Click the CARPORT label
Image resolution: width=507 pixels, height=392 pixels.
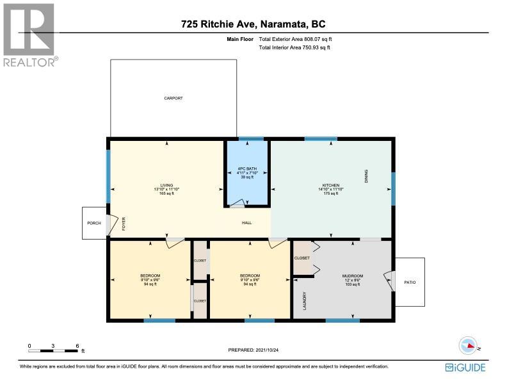pyautogui.click(x=173, y=98)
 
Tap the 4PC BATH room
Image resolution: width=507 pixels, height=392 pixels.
pyautogui.click(x=247, y=173)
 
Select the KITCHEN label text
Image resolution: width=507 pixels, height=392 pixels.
pyautogui.click(x=331, y=185)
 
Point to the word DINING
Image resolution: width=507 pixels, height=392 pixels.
pyautogui.click(x=366, y=176)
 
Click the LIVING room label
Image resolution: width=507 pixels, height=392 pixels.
pyautogui.click(x=166, y=185)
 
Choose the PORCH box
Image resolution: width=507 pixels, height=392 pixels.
pyautogui.click(x=94, y=223)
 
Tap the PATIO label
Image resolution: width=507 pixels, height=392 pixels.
pyautogui.click(x=410, y=282)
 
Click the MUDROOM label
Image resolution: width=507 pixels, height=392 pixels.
pyautogui.click(x=353, y=276)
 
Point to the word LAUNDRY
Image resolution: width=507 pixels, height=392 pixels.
pyautogui.click(x=305, y=301)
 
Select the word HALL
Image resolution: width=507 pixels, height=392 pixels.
pyautogui.click(x=246, y=222)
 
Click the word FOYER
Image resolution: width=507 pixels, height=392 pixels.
pyautogui.click(x=124, y=224)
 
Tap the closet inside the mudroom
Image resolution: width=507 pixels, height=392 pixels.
pyautogui.click(x=302, y=257)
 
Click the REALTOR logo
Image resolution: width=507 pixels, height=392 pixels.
pyautogui.click(x=30, y=35)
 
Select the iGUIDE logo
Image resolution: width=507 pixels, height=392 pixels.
pyautogui.click(x=465, y=368)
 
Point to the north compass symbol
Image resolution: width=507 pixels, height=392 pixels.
pyautogui.click(x=468, y=345)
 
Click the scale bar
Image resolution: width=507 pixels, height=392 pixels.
pyautogui.click(x=53, y=350)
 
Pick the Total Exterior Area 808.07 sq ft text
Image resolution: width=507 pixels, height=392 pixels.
pyautogui.click(x=295, y=39)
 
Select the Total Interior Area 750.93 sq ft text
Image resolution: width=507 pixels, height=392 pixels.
pyautogui.click(x=294, y=47)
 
